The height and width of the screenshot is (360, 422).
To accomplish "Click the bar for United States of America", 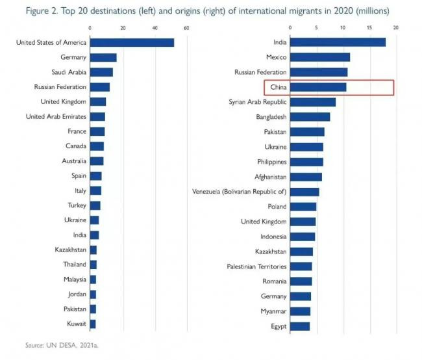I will pyautogui.click(x=132, y=42).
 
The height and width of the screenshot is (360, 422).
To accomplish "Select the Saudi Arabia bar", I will pyautogui.click(x=101, y=72).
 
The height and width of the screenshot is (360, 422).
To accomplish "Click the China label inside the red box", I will pyautogui.click(x=279, y=87).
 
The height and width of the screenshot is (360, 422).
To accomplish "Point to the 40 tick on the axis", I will pyautogui.click(x=155, y=28).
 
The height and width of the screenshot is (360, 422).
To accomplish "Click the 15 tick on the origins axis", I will pyautogui.click(x=369, y=28).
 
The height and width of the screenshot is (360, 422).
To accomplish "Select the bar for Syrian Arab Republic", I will pyautogui.click(x=313, y=102).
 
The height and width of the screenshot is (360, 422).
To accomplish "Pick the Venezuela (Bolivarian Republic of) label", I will pyautogui.click(x=240, y=192).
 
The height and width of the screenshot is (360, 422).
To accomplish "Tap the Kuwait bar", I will pyautogui.click(x=93, y=324).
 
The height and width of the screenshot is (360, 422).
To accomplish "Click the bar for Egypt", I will pyautogui.click(x=300, y=326).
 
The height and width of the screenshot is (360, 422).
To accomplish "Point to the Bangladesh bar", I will pyautogui.click(x=310, y=117).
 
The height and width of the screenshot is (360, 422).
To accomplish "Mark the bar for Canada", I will pyautogui.click(x=97, y=146).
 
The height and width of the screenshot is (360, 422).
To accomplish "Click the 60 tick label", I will pyautogui.click(x=186, y=28).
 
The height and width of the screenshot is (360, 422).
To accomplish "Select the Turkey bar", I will pyautogui.click(x=95, y=206).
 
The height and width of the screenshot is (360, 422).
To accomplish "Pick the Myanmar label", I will pyautogui.click(x=273, y=311).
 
